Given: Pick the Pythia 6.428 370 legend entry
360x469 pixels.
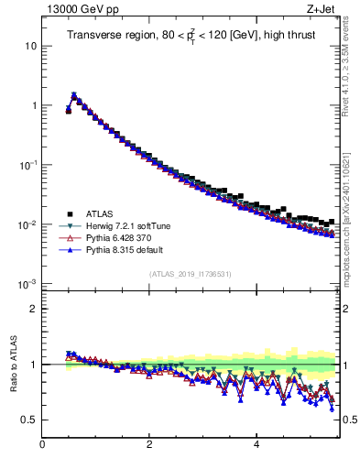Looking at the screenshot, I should (x=120, y=237).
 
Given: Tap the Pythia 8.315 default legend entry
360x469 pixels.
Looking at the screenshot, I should (x=123, y=248).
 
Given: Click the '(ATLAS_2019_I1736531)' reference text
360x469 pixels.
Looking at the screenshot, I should (x=191, y=274).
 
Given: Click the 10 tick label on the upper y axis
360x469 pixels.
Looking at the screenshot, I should (x=29, y=46).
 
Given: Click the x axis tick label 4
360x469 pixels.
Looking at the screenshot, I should (x=256, y=446).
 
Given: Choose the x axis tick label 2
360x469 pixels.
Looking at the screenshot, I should (x=148, y=446).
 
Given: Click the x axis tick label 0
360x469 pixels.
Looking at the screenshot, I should (x=42, y=446).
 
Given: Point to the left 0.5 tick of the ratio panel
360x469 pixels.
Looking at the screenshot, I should (x=29, y=420).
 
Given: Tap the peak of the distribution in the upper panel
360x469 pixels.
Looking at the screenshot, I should (x=73, y=94).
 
